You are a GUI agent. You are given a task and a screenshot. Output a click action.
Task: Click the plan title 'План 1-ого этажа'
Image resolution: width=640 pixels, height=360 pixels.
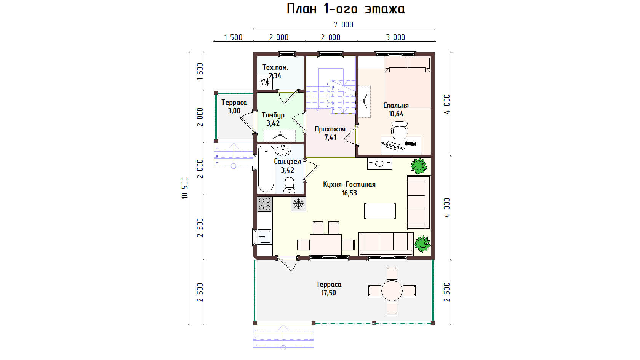coord(346,9)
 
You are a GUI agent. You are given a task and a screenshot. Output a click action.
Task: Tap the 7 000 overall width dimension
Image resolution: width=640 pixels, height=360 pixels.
coord(344,25)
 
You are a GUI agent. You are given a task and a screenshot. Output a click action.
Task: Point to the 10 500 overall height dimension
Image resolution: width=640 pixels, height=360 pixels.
coord(185,188)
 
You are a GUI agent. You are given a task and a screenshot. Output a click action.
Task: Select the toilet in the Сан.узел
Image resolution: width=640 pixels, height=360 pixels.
coord(290,184)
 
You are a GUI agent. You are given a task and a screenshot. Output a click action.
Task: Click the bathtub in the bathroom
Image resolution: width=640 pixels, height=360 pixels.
coord(266,169)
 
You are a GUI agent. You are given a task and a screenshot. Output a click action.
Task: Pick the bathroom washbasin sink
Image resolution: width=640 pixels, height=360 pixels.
coord(283,150)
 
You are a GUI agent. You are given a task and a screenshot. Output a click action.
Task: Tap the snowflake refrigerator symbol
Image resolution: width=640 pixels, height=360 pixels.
coord(298,204)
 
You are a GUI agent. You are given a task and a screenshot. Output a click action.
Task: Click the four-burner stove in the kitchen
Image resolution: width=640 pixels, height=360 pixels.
coord(264,204)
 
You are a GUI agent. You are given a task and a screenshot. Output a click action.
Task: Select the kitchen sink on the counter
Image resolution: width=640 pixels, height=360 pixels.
coord(264,237)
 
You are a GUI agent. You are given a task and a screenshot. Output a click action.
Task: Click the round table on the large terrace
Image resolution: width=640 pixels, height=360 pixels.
coord(392,291)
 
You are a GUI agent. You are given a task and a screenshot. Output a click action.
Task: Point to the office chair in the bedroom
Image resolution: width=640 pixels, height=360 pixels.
coord(399,130)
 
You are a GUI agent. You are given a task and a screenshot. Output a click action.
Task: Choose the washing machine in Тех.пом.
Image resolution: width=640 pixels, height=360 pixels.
coord(265,82)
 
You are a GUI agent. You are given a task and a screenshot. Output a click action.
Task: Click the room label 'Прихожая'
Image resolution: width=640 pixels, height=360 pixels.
coord(330,129)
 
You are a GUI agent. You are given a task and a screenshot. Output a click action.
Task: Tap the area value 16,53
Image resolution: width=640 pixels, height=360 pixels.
coord(349,193)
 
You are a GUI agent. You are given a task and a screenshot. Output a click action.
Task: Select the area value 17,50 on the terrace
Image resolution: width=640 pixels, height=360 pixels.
coord(328,293)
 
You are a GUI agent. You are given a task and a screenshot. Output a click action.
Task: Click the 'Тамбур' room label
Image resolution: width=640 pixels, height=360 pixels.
coord(273,115)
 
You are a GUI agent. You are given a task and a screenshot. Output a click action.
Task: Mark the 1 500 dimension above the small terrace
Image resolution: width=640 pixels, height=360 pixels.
coord(233,37)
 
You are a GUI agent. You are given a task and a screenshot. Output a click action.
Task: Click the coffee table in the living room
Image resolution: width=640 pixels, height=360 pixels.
coord(380,211)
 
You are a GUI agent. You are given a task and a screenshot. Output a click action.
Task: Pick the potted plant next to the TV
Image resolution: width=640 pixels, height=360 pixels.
coord(419,166)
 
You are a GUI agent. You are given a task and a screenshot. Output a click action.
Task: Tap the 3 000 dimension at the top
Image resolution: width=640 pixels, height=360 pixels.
coord(395,37)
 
